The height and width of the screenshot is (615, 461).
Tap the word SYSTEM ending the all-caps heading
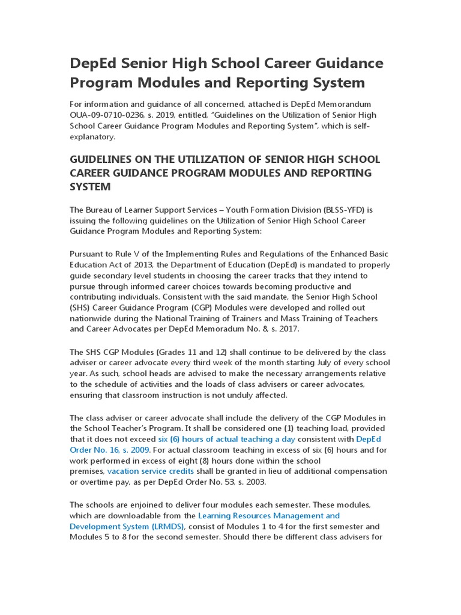91,187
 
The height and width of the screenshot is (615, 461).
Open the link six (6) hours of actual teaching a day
226,439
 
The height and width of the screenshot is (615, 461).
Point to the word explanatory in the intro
92,136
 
